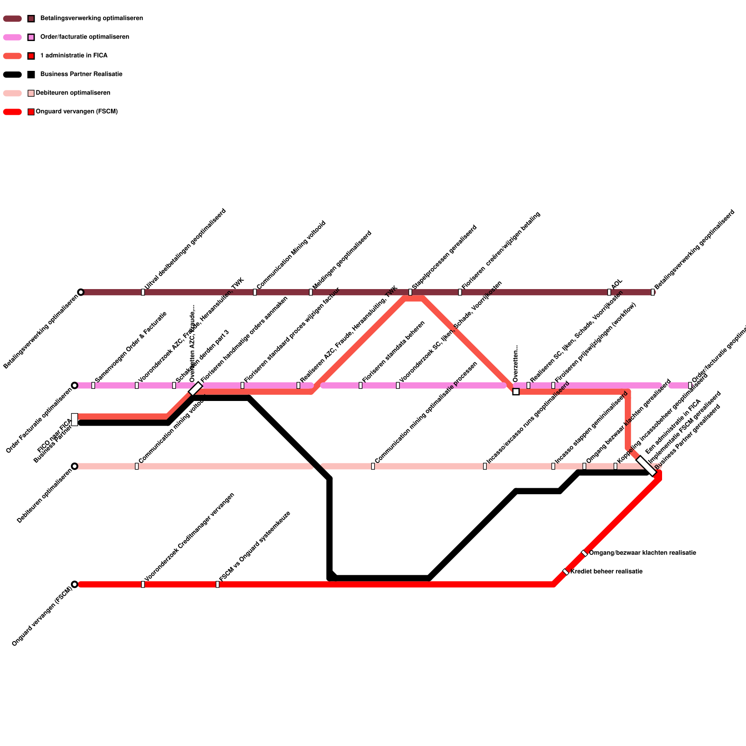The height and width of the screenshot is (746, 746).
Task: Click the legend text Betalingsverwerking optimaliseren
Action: pos(91,19)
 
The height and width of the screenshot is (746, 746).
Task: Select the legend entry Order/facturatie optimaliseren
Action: pos(84,37)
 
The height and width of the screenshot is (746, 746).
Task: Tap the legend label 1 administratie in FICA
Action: pos(74,56)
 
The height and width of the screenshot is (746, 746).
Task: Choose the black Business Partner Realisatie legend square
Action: pos(31,75)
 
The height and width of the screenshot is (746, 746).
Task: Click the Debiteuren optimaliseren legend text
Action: pos(73,93)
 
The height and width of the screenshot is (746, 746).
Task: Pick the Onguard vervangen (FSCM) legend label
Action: pos(76,112)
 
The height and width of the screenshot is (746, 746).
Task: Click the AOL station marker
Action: pos(609,292)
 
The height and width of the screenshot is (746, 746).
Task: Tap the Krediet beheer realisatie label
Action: pos(606,572)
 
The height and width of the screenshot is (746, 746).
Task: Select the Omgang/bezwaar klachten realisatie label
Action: pos(642,553)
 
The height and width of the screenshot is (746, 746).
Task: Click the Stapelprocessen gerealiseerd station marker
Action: pos(410,292)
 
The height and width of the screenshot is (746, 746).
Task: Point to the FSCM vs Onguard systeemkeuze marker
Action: pos(217,584)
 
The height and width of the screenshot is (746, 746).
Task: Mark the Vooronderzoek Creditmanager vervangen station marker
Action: pos(143,584)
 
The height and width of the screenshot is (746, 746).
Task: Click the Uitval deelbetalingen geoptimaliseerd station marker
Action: pos(143,292)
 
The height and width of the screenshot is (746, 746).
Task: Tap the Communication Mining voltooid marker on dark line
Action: pos(255,292)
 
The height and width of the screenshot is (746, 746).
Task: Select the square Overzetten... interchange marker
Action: pos(516,392)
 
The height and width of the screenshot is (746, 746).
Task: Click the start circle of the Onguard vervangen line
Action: pos(75,584)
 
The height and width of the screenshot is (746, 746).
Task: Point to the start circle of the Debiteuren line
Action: pos(75,466)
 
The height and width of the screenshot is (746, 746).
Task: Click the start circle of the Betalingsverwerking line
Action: pos(81,292)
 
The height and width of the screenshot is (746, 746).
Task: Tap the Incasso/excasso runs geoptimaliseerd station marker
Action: pos(485,466)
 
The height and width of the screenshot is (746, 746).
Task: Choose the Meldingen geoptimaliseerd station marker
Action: pos(311,292)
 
